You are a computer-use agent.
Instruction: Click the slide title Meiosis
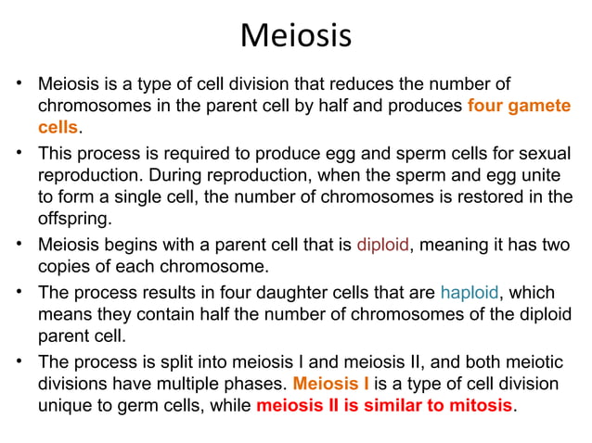pyautogui.click(x=295, y=36)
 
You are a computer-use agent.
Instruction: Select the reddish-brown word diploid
pyautogui.click(x=383, y=246)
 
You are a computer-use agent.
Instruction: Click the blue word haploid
pyautogui.click(x=470, y=293)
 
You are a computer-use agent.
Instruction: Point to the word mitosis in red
pyautogui.click(x=474, y=406)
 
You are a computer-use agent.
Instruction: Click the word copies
pyautogui.click(x=65, y=269)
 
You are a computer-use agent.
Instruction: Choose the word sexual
pyautogui.click(x=544, y=152)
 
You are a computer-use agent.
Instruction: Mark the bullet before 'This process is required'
pyautogui.click(x=19, y=151)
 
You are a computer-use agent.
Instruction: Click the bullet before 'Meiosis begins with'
pyautogui.click(x=19, y=245)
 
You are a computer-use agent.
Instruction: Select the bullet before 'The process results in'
pyautogui.click(x=19, y=292)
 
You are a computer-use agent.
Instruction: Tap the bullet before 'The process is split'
pyautogui.click(x=19, y=359)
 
